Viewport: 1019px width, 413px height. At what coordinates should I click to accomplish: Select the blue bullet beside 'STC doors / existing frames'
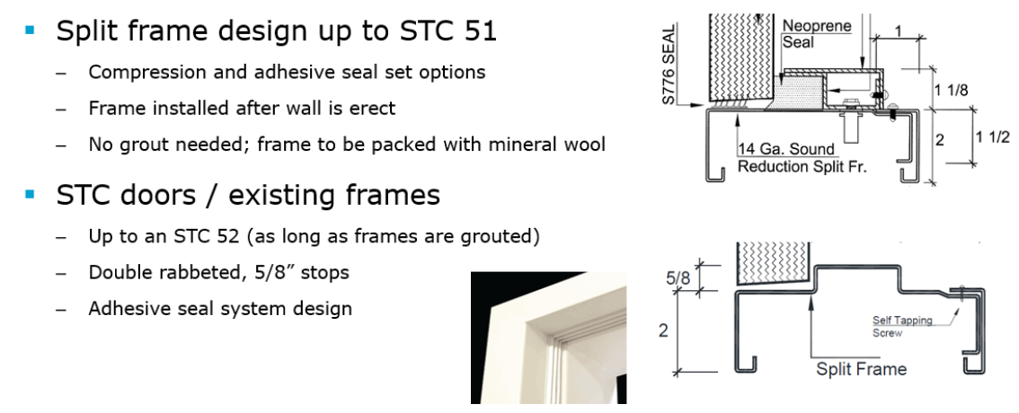coord(30,194)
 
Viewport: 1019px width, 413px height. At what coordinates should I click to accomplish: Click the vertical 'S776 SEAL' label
coord(669,65)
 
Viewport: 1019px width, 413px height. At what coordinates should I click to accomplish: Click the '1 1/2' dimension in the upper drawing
coord(992,137)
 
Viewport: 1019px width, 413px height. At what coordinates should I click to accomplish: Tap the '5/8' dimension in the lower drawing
coord(678,278)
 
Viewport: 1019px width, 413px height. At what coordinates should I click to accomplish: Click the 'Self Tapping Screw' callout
coord(902,327)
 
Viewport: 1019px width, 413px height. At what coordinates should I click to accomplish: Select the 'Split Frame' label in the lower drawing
coord(861,369)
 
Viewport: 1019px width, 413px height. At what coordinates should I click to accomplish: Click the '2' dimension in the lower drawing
coord(663,330)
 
